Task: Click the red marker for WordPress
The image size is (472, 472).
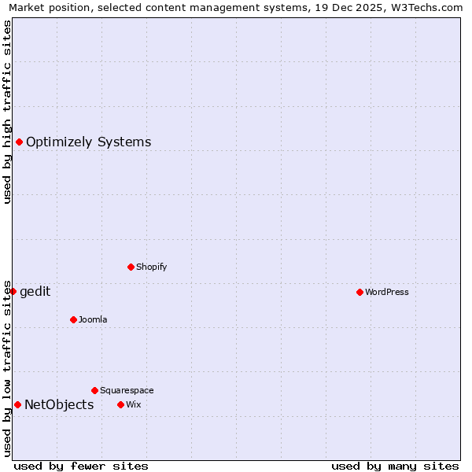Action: [x=360, y=292]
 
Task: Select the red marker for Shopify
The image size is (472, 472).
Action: [x=131, y=267]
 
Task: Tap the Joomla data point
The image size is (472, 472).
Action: [x=73, y=319]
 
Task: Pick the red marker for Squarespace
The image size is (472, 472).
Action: [x=94, y=390]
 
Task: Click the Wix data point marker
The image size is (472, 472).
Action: [x=120, y=404]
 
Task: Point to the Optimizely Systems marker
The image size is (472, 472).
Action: [x=19, y=142]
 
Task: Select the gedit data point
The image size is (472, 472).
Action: [x=13, y=291]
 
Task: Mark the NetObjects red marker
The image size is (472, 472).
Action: [x=17, y=404]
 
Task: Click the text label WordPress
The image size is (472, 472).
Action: [x=387, y=292]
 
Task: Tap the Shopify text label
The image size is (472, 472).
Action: [x=152, y=267]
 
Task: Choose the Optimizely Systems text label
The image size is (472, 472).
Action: [x=89, y=142]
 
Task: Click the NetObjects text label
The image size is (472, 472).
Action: [x=59, y=405]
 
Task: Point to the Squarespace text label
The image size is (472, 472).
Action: [x=127, y=390]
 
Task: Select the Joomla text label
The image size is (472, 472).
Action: [x=93, y=319]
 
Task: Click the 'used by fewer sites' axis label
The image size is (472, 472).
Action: [x=81, y=466]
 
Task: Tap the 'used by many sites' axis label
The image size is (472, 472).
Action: [x=395, y=466]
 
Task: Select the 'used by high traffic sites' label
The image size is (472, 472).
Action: [x=7, y=112]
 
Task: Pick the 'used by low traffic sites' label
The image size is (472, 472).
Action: [x=7, y=368]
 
